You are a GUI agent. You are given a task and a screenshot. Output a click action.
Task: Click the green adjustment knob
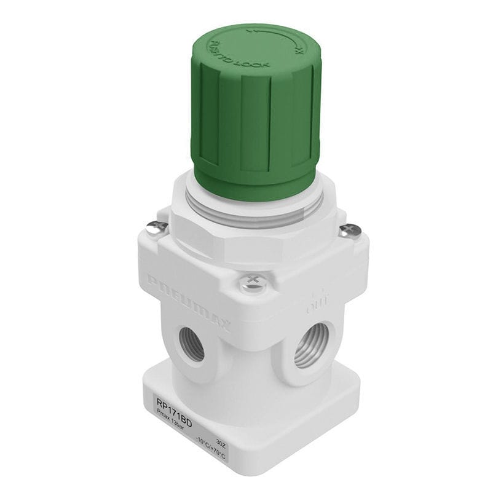click(x=255, y=111)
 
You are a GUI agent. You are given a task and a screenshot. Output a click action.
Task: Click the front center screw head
click(x=252, y=283)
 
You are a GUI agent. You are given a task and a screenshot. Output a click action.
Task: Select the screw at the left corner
click(x=156, y=228)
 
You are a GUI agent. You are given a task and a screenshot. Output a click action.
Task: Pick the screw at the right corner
click(x=350, y=231)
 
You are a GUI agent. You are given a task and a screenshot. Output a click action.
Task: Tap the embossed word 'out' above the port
click(x=317, y=301)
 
